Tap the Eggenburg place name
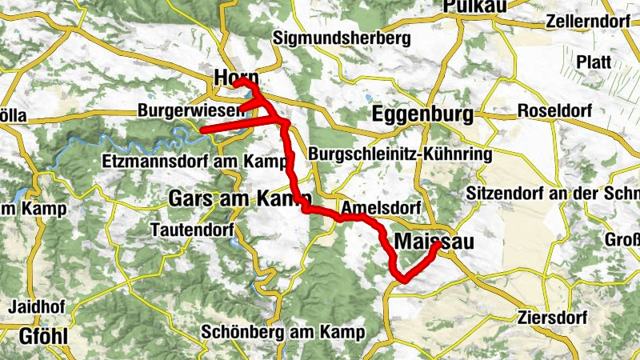[422, 115]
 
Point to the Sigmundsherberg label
[342, 38]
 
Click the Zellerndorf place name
[589, 22]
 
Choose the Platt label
[594, 62]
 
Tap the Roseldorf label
[555, 110]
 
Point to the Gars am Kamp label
[232, 198]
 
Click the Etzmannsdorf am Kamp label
[196, 161]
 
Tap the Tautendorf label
[191, 230]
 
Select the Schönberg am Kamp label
[284, 331]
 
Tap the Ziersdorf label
[552, 317]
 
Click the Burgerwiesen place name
[190, 110]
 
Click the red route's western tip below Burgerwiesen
[202, 129]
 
